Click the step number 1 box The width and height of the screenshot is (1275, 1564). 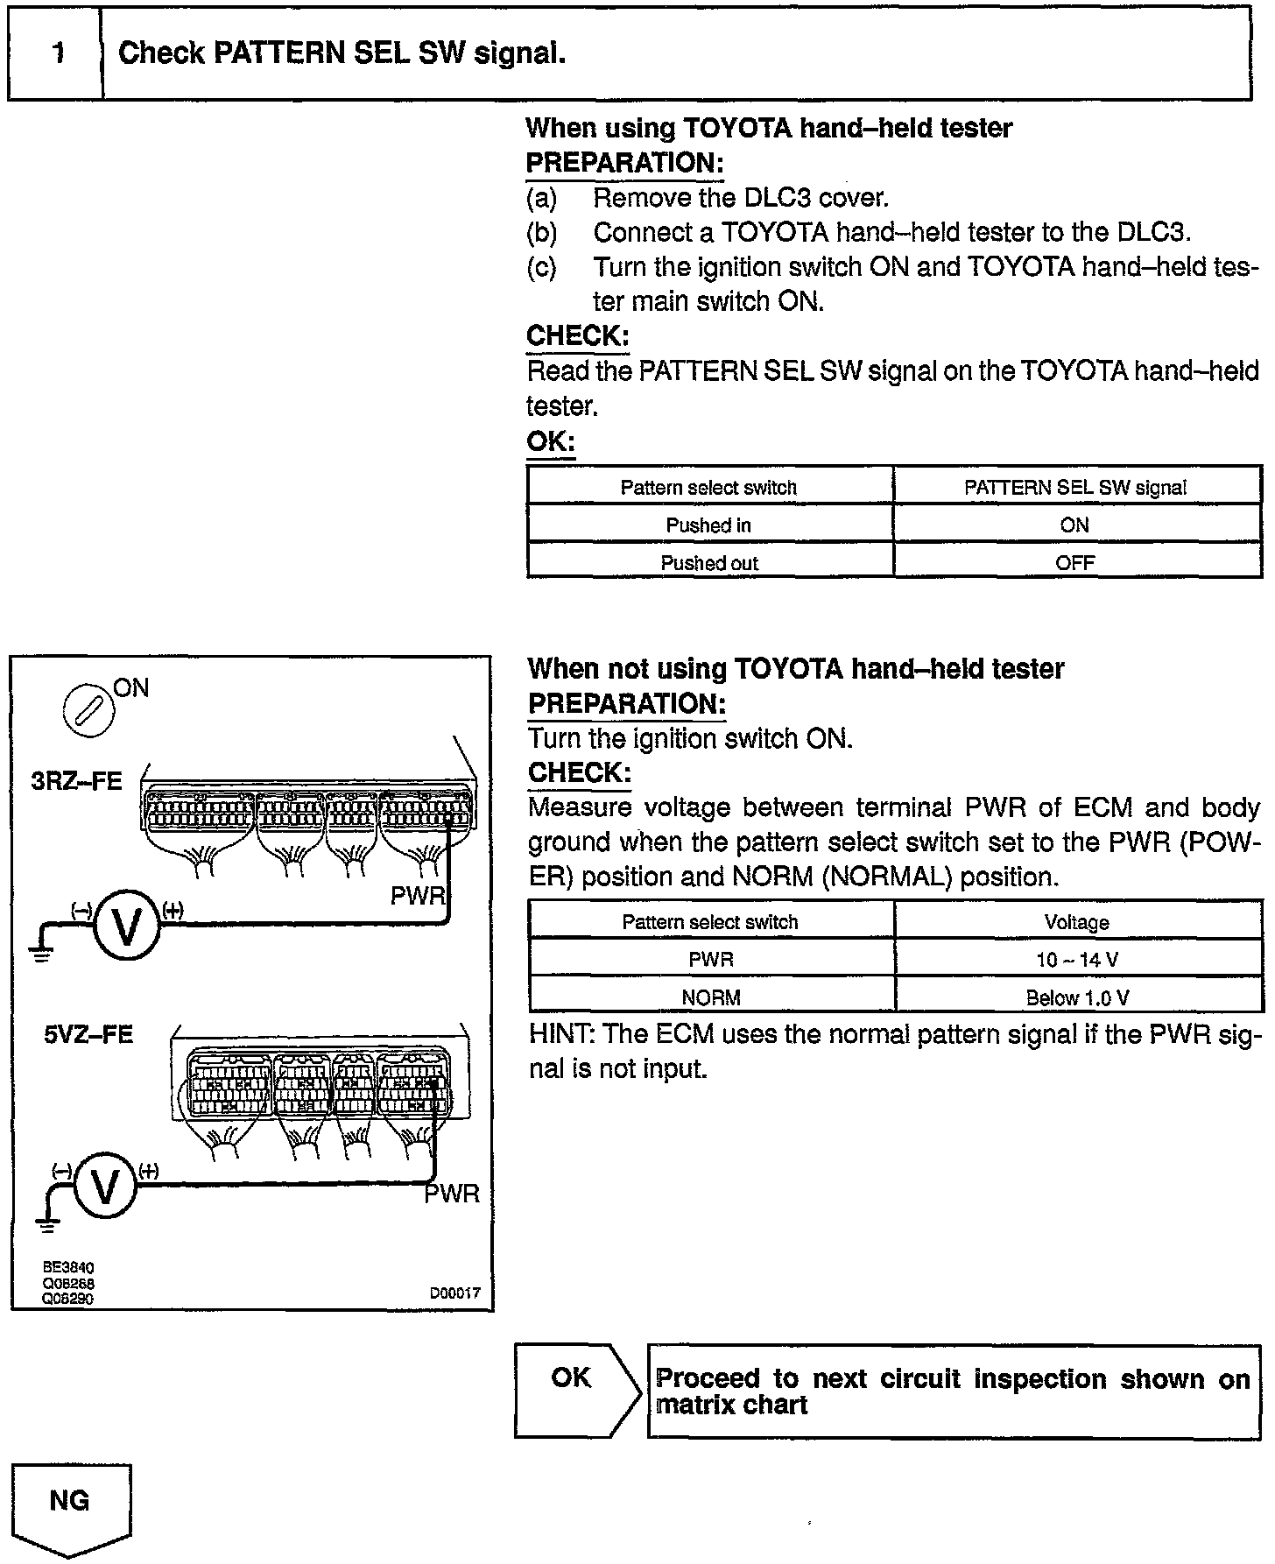click(56, 54)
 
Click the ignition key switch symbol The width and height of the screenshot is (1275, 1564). click(88, 708)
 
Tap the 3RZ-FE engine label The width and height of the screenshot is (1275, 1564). click(77, 780)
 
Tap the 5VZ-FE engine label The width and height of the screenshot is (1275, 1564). click(88, 1034)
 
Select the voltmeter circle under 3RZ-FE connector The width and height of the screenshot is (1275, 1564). click(127, 927)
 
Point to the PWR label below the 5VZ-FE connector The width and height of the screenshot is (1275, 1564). click(452, 1194)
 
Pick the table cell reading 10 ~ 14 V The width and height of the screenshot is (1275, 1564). click(1076, 960)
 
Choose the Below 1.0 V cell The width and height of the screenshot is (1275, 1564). click(1076, 997)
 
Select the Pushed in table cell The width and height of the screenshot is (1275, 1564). click(708, 525)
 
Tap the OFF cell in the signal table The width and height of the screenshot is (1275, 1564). click(1074, 563)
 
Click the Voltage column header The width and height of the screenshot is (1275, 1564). click(1076, 922)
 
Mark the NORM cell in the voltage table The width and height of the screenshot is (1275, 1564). click(710, 997)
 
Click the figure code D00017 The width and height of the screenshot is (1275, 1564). click(454, 1293)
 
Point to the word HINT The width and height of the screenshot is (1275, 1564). click(560, 1034)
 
